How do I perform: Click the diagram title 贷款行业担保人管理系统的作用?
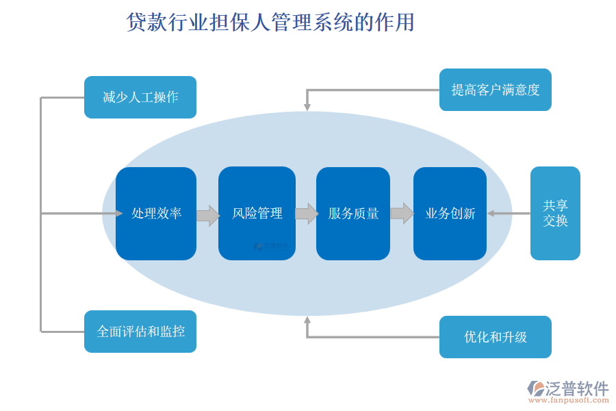pos(270,23)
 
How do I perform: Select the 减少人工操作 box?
pos(140,97)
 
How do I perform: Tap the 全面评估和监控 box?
pos(140,332)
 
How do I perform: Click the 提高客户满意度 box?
pos(495,90)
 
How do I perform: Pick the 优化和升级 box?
pos(495,337)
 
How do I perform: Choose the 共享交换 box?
pos(555,213)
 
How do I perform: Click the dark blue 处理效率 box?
pos(156,214)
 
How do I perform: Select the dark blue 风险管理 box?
pos(257,214)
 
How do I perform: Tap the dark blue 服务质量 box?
pos(353,214)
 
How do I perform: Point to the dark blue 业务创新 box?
pos(450,214)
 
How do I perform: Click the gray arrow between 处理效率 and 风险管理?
pos(207,214)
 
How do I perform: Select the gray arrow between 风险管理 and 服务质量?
pos(306,214)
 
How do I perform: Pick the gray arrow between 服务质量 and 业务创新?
pos(402,214)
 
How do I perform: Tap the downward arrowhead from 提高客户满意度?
pos(307,106)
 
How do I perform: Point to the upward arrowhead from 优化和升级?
pos(307,320)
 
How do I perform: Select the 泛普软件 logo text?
pos(576,388)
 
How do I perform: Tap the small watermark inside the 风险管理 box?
pos(270,245)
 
